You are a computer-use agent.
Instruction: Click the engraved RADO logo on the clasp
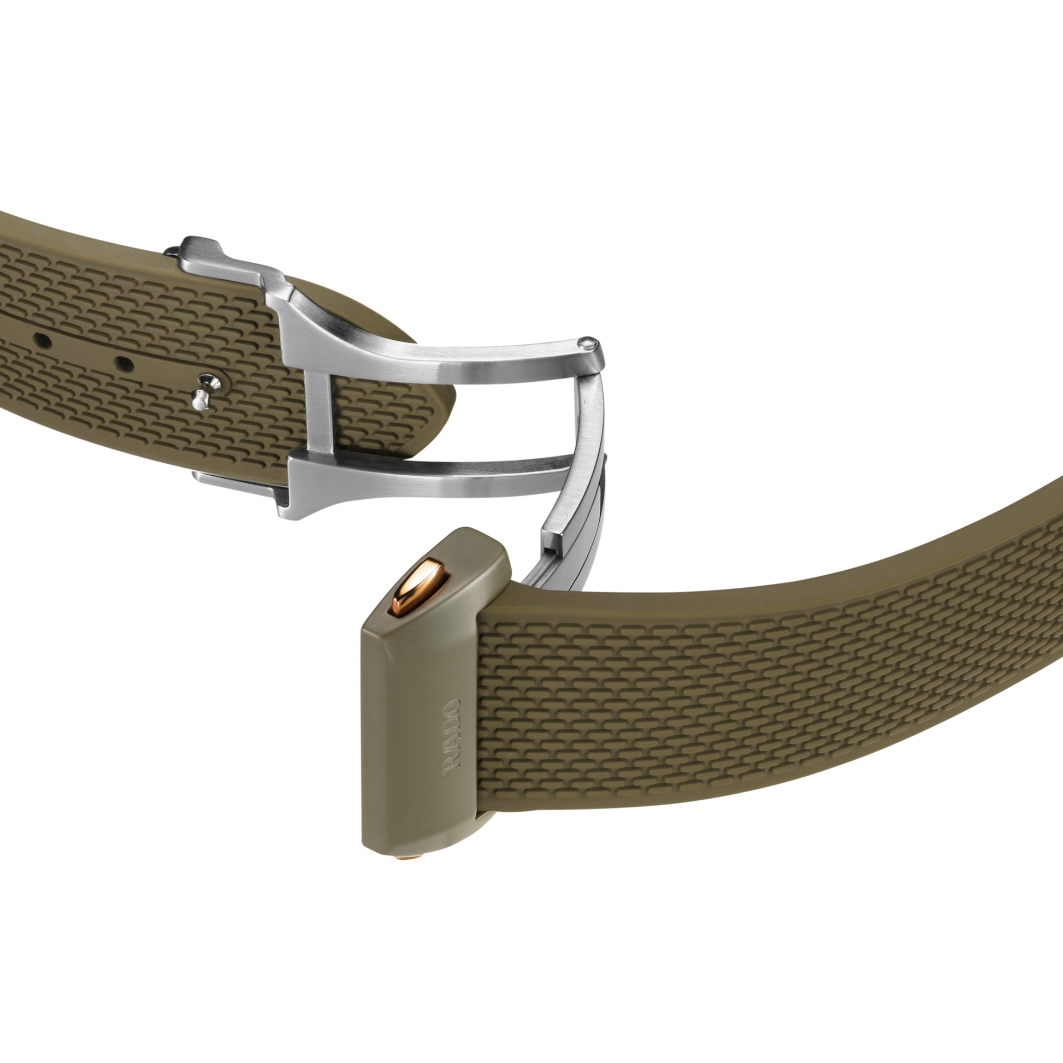[x=452, y=737]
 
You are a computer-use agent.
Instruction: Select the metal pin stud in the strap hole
[x=206, y=389]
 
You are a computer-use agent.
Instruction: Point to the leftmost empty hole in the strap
[x=43, y=341]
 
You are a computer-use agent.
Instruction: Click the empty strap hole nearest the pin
[x=125, y=363]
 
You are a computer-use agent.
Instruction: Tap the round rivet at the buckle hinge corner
[x=588, y=344]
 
